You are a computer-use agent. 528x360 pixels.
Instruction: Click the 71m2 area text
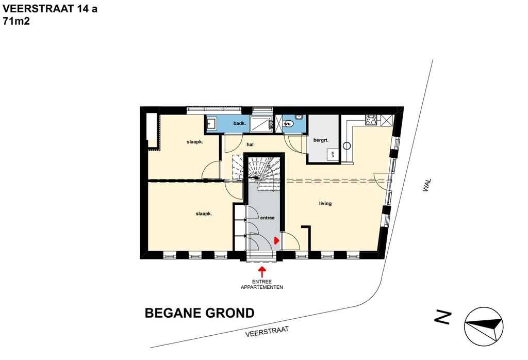tap(16, 21)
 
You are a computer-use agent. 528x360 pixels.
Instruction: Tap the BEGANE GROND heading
tap(200, 313)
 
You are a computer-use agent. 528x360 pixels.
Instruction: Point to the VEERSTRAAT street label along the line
tap(267, 331)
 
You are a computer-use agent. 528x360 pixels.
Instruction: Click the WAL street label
tap(427, 185)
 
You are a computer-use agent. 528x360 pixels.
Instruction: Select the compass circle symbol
tap(484, 326)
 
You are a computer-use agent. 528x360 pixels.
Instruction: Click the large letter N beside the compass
tap(442, 318)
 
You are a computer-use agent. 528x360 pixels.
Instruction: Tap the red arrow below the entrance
tap(262, 271)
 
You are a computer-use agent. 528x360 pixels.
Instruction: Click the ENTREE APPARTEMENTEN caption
tap(262, 285)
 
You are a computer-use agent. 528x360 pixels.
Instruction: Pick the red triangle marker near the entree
tap(276, 240)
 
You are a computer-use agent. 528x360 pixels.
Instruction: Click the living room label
tap(325, 203)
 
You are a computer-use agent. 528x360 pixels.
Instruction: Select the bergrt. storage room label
tap(321, 140)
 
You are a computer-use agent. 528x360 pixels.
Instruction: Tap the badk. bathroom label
tap(239, 124)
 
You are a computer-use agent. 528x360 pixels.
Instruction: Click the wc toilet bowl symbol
tap(288, 124)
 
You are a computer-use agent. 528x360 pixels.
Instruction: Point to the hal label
tap(250, 144)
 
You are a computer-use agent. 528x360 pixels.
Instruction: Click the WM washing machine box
tap(333, 154)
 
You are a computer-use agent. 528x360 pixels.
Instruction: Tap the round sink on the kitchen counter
tap(347, 146)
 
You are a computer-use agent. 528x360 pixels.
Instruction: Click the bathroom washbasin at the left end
tap(211, 123)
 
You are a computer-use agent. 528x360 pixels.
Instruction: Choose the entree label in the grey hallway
tap(268, 218)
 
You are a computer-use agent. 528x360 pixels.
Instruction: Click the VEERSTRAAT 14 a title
tap(50, 9)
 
